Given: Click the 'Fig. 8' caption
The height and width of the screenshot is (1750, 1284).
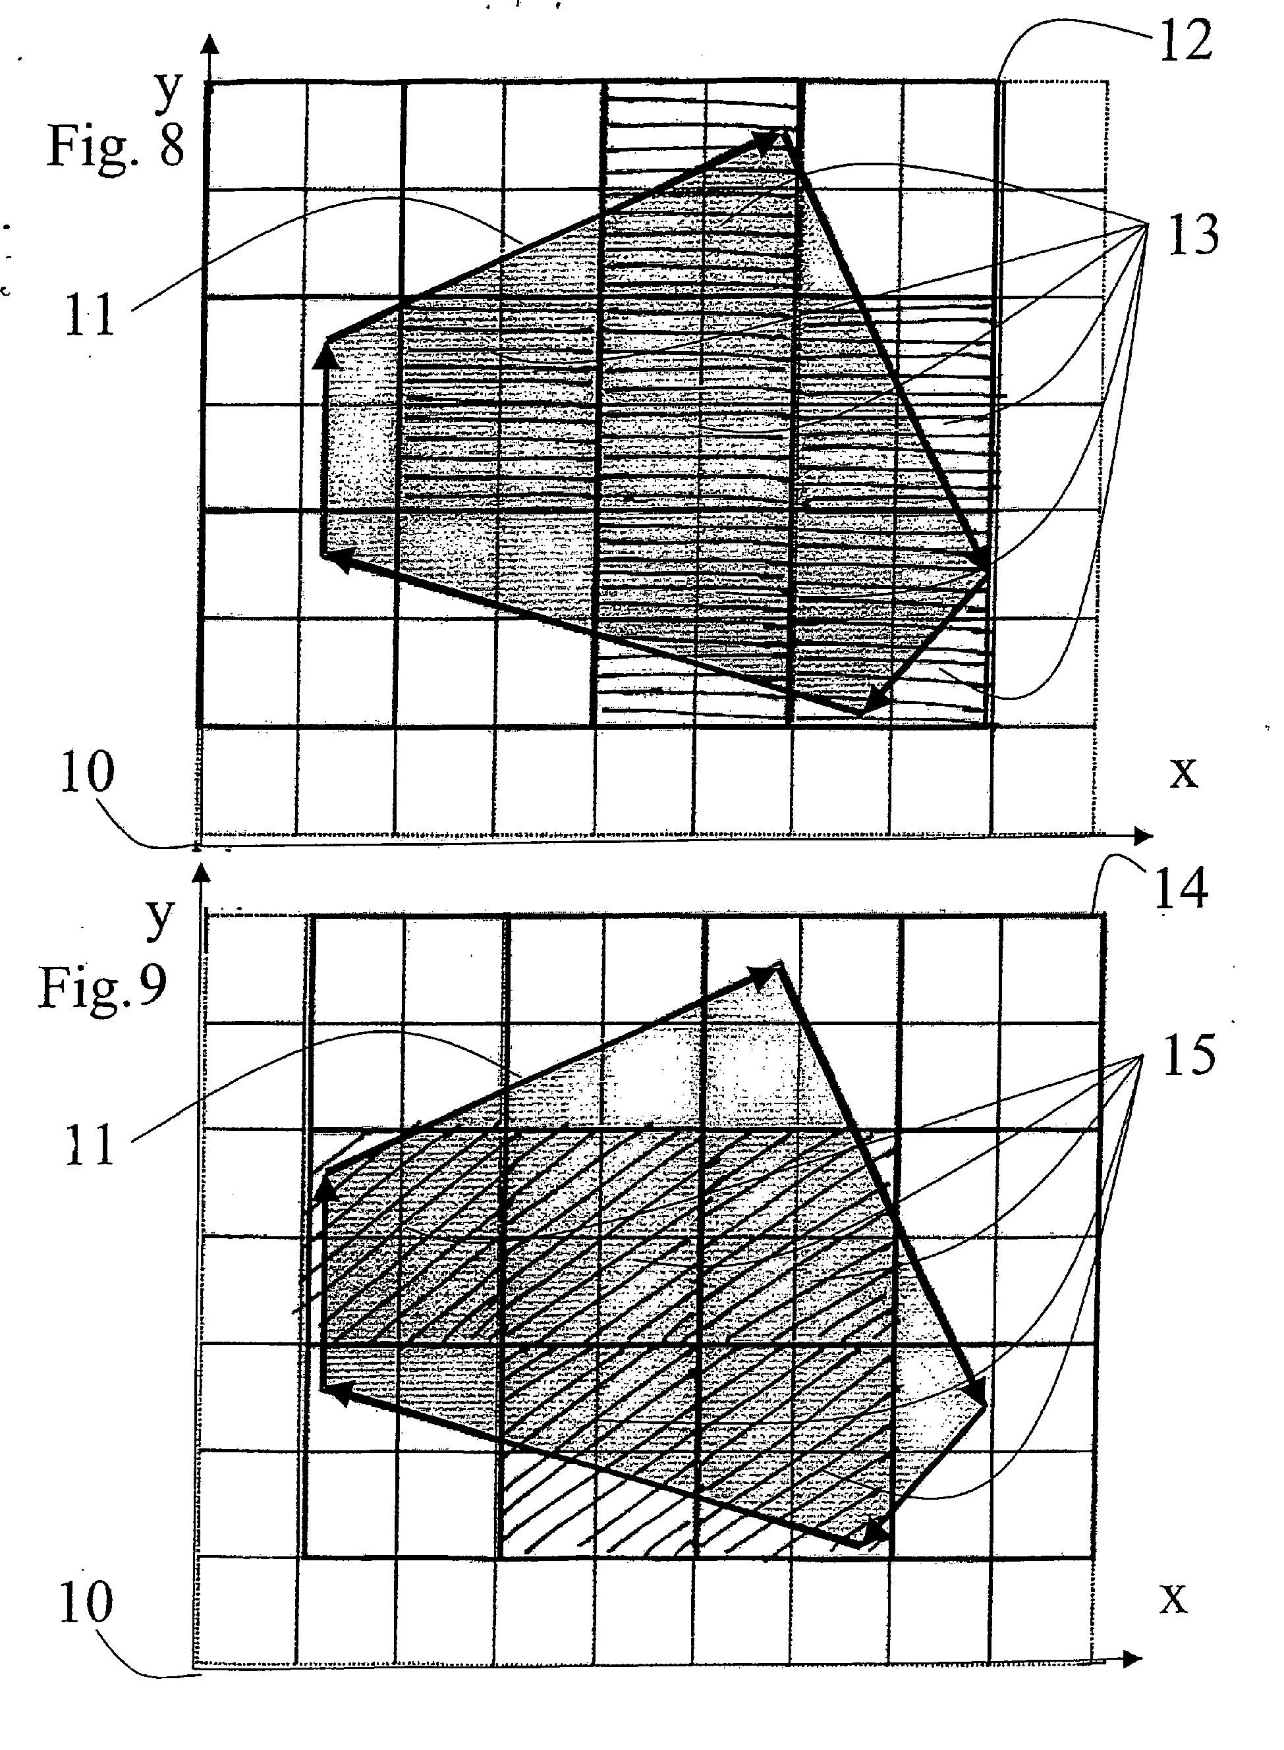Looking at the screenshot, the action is click(x=117, y=146).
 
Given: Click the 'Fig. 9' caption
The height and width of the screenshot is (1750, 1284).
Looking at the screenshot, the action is click(x=103, y=988).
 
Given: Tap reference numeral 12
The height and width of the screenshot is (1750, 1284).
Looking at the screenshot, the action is click(x=1185, y=40).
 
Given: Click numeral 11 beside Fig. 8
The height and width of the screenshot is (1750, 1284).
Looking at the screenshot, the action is click(x=90, y=315).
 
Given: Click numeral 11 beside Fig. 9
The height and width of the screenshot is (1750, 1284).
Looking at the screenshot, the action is click(x=90, y=1145).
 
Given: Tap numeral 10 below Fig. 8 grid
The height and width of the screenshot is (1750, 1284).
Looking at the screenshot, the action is click(x=87, y=773).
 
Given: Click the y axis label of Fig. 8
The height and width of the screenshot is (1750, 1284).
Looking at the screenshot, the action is click(x=168, y=92).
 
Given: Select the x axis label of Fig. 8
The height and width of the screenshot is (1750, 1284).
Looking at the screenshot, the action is click(x=1184, y=773).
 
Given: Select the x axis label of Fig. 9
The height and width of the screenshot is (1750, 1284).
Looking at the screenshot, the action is click(x=1173, y=1599).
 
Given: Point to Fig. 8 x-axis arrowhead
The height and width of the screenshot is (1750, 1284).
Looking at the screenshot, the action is click(x=1144, y=836).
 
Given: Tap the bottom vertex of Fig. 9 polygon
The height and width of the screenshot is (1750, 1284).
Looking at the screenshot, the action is click(x=861, y=1546).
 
